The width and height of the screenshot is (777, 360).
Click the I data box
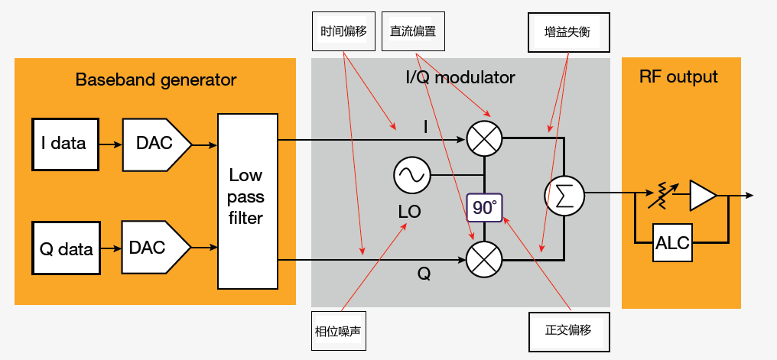(65, 144)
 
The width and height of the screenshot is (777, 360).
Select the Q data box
(65, 248)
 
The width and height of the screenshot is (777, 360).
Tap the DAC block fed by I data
(155, 144)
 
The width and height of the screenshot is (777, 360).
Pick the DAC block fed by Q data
(155, 248)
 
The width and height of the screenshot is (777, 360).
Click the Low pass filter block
(247, 201)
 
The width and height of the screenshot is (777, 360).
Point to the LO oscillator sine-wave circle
(411, 176)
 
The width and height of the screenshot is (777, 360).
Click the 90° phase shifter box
(484, 207)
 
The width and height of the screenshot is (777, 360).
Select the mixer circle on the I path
(484, 138)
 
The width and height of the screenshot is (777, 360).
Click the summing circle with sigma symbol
(564, 195)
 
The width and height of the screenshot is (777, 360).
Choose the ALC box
(673, 243)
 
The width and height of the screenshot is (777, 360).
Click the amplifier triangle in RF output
(701, 195)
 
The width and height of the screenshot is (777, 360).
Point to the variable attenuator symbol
(660, 196)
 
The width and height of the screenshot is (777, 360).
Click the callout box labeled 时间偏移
(344, 33)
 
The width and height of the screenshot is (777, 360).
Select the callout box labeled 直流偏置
(412, 33)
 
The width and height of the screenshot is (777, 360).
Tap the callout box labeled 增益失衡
(568, 33)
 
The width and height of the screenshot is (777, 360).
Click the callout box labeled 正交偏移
(569, 331)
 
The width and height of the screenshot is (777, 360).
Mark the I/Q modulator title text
(460, 77)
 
